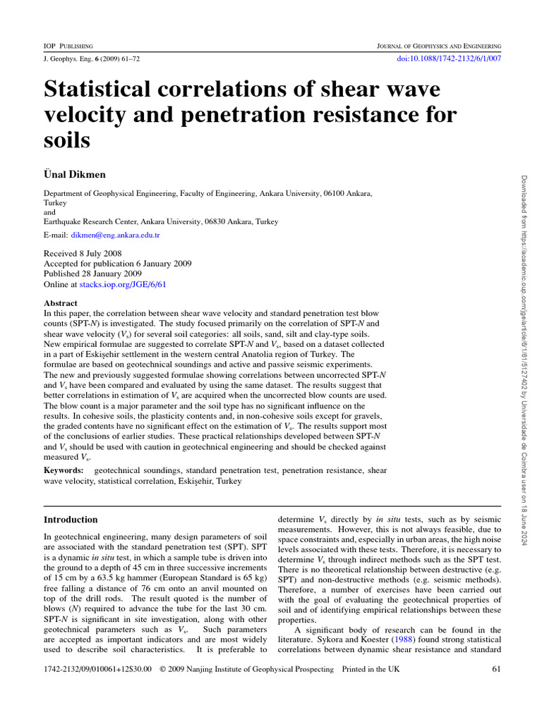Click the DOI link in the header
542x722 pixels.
tap(450, 59)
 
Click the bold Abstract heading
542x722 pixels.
tap(61, 303)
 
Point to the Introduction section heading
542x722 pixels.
tap(71, 520)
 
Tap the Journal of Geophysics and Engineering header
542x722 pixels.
tap(440, 45)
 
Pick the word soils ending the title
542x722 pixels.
tap(67, 140)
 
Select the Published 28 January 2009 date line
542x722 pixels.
tap(92, 274)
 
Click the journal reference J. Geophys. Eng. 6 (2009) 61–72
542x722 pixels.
tap(91, 59)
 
